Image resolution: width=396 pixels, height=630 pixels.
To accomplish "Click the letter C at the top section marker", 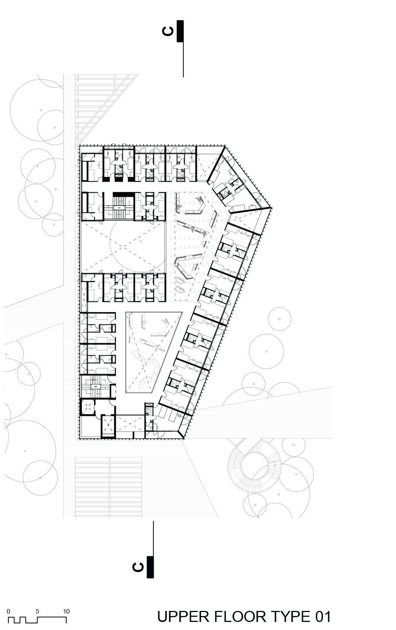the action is click(168, 31).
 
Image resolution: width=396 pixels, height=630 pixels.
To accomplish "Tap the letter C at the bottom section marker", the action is click(138, 567).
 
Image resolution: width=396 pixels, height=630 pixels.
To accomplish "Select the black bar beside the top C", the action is click(180, 31).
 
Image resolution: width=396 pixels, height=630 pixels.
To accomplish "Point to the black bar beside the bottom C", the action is click(150, 567).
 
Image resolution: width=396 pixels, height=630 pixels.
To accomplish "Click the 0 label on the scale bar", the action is click(8, 611).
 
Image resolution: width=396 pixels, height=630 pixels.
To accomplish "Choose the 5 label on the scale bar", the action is click(37, 611).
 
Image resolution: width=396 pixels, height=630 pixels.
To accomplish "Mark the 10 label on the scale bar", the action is click(66, 611).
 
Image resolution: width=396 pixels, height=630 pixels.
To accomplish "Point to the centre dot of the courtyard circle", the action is click(141, 241).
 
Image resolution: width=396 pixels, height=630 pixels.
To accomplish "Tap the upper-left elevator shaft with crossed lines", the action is click(88, 407).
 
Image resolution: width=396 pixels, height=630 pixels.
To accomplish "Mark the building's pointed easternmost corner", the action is click(271, 208).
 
